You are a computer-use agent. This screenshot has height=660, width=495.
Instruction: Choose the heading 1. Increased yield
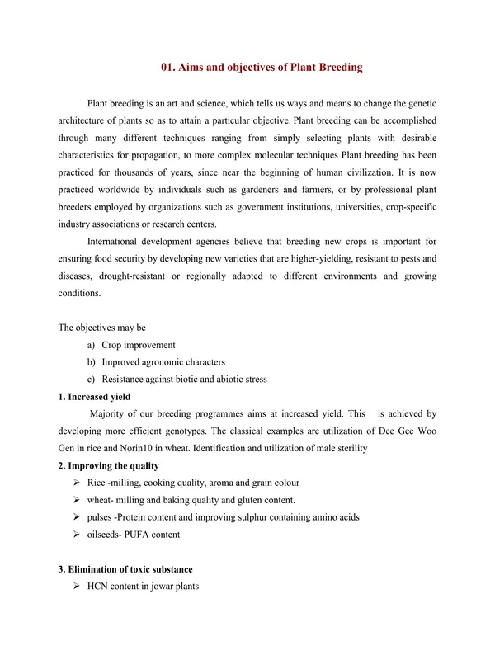tap(95, 396)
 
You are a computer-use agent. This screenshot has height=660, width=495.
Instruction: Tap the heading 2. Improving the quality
tap(108, 466)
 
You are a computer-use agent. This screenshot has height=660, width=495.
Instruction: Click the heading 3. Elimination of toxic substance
tap(125, 569)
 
